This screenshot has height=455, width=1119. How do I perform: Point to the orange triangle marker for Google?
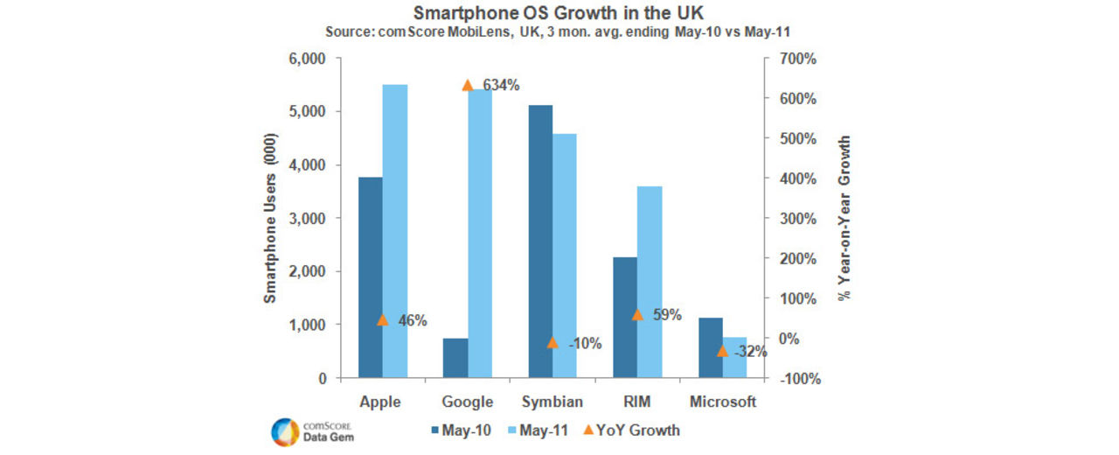click(x=468, y=85)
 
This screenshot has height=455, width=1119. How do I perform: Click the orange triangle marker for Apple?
click(x=382, y=319)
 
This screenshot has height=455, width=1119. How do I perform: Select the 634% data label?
click(x=501, y=86)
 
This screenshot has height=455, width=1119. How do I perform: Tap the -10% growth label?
click(x=585, y=344)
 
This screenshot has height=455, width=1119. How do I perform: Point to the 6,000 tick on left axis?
click(x=307, y=59)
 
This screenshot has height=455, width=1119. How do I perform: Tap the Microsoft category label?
click(x=722, y=402)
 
